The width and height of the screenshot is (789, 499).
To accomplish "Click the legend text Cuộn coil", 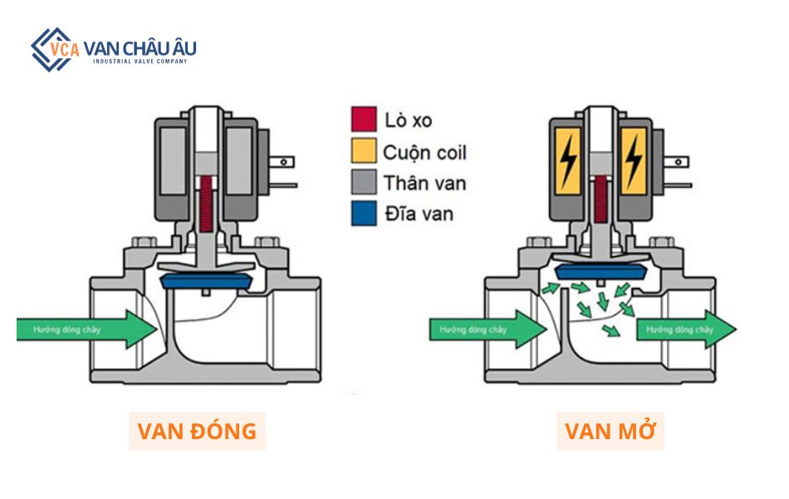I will pos(424,152).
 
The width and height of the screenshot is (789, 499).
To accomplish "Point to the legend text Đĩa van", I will pos(419,214).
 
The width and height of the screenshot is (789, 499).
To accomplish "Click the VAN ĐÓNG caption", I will pos(197,431).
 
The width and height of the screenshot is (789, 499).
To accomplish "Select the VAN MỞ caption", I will pos(610,431).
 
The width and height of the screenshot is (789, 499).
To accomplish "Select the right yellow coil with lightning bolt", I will pos(634,157).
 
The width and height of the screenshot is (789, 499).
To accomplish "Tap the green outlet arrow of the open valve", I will pos(685,329).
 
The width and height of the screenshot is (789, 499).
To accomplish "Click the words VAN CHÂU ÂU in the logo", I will pos(140,47).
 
